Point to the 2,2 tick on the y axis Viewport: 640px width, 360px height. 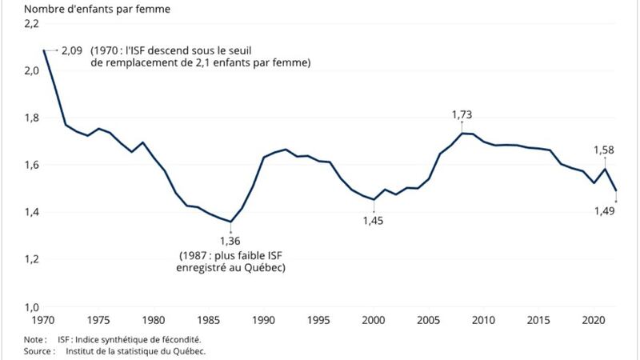32,25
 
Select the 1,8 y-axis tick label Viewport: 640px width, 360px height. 32,118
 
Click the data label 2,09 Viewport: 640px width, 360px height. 72,50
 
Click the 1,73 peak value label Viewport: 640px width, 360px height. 462,115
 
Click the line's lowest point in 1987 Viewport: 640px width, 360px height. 230,222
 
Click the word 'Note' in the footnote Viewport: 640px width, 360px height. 14,339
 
